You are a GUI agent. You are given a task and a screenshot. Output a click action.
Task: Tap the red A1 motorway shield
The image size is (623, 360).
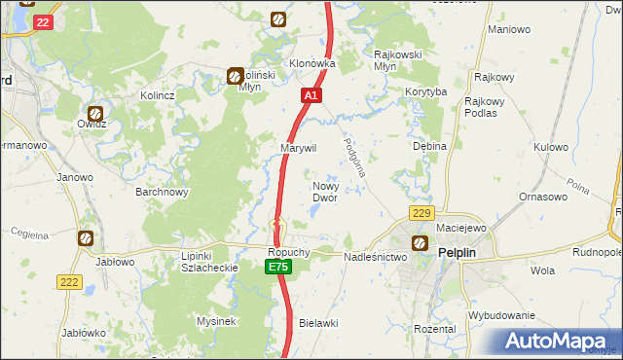pos(311,96)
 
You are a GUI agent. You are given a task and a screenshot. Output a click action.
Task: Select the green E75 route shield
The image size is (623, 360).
pos(278,267)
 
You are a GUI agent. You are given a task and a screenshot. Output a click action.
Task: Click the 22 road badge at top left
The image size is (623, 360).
pos(41,21)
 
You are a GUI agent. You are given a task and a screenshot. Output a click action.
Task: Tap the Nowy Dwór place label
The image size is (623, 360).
pos(324,191)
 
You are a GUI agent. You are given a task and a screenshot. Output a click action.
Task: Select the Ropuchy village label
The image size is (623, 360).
pos(289,252)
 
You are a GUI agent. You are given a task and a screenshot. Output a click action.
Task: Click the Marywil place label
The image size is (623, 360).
pos(299,147)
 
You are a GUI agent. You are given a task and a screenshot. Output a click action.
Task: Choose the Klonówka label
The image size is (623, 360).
pos(312,63)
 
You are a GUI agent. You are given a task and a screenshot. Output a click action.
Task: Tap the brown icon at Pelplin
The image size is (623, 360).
pos(420,243)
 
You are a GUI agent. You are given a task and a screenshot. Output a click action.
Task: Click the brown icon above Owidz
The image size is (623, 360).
pos(95,112)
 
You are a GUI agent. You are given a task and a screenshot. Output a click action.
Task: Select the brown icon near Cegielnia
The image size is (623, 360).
pos(85,237)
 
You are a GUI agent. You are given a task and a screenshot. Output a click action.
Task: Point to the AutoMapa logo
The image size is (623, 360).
pos(559,341)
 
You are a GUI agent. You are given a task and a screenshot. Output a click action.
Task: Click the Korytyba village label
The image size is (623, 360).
pos(425,91)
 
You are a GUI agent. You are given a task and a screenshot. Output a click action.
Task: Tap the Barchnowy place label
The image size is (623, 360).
pos(162,192)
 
